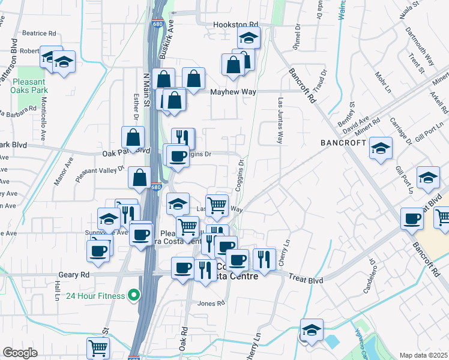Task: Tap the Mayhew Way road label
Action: pos(234,92)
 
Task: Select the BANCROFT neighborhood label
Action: pos(343,143)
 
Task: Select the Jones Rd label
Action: pos(211,304)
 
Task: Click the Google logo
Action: pos(20,352)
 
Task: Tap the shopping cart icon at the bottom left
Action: pos(98,347)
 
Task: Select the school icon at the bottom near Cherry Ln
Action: pos(312,331)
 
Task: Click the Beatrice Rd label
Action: pos(39,34)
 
